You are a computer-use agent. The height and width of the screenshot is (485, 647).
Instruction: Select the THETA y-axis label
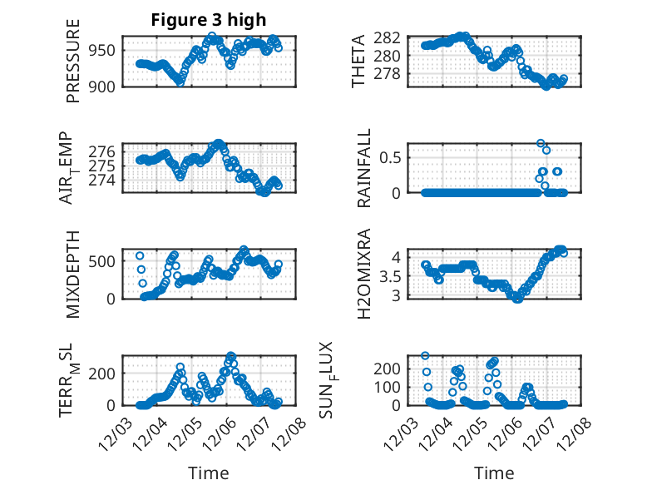[x=358, y=61]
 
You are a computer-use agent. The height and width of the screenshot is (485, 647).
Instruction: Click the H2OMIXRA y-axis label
[x=363, y=274]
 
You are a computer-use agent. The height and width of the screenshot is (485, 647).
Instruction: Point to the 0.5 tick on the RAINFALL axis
[x=393, y=156]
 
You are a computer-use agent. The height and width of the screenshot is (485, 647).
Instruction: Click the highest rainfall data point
[x=541, y=144]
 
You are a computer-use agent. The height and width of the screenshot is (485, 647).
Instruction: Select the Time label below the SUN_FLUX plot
[x=494, y=473]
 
